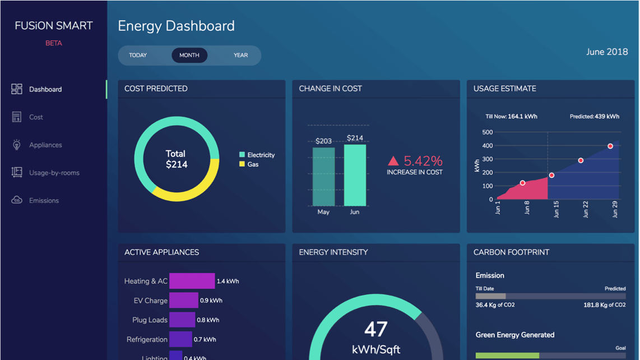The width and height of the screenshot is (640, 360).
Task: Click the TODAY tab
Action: pyautogui.click(x=138, y=56)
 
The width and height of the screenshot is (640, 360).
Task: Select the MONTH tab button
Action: pyautogui.click(x=189, y=56)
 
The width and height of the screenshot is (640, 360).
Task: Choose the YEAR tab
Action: pyautogui.click(x=240, y=56)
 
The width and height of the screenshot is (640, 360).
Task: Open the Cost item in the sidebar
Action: pyautogui.click(x=36, y=117)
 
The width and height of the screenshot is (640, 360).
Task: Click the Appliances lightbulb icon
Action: pyautogui.click(x=17, y=145)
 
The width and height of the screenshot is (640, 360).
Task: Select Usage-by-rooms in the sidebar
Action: pyautogui.click(x=54, y=173)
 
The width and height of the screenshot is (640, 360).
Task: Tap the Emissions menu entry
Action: pyautogui.click(x=44, y=201)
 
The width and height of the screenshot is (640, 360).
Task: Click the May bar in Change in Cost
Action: pyautogui.click(x=323, y=177)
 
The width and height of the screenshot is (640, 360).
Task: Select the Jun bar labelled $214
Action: pyautogui.click(x=355, y=175)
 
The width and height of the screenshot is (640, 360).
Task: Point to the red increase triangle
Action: pyautogui.click(x=393, y=161)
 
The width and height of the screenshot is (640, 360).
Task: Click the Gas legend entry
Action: pyautogui.click(x=249, y=164)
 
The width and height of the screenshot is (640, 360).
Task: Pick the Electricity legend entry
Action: pyautogui.click(x=257, y=155)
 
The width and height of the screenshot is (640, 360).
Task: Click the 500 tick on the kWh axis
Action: pyautogui.click(x=487, y=132)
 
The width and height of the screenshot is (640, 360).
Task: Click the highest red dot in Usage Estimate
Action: pyautogui.click(x=610, y=146)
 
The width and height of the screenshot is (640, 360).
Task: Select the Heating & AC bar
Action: pyautogui.click(x=192, y=281)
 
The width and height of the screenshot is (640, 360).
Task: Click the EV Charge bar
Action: pyautogui.click(x=184, y=301)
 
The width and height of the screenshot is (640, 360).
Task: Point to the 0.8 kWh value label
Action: pyautogui.click(x=208, y=320)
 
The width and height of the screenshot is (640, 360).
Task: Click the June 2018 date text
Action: pyautogui.click(x=607, y=52)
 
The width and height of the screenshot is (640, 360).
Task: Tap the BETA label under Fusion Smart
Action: pyautogui.click(x=54, y=43)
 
